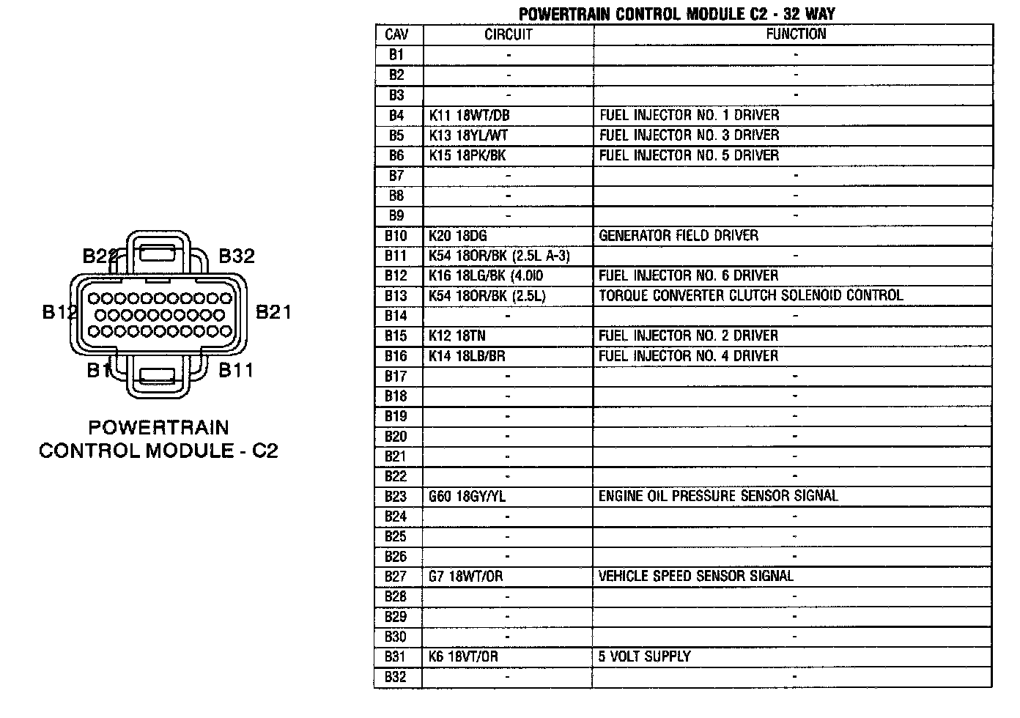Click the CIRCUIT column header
coord(508,34)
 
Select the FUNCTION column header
coord(795,34)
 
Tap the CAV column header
coord(396,34)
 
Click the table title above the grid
coord(676,14)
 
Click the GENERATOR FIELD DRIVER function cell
coord(679,235)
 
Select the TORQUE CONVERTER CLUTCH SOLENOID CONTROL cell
coord(750,295)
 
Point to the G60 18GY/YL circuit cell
coord(467,496)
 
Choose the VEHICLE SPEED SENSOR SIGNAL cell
coord(695,577)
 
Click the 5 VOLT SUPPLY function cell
coord(644,656)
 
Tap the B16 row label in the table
coord(396,356)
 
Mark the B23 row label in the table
coord(396,496)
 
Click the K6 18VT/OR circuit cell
coord(463,656)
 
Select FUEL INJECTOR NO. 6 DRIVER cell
coord(688,275)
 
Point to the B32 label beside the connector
coord(237,256)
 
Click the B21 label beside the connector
coord(273,313)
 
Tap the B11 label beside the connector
coord(236,370)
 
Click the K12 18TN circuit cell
coord(457,336)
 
